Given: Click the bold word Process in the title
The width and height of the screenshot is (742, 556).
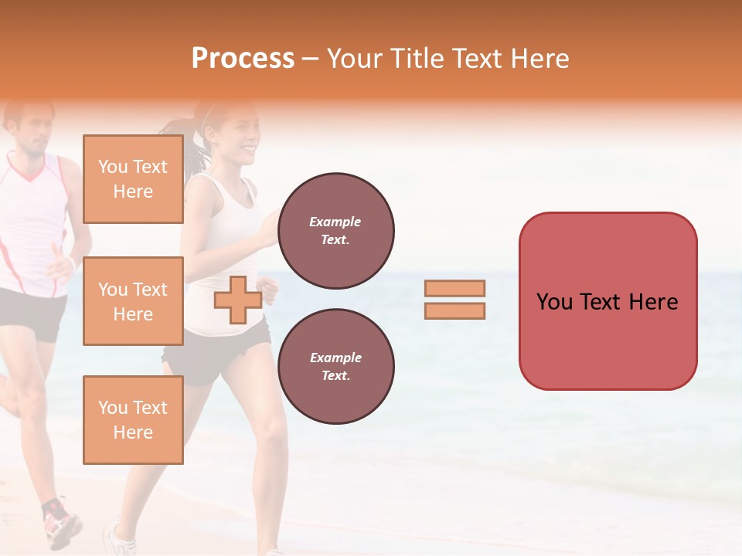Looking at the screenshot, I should click(243, 59).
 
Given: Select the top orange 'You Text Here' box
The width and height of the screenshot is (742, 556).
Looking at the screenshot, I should click(133, 179).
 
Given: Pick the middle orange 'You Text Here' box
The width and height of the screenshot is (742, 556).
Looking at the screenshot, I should click(133, 301).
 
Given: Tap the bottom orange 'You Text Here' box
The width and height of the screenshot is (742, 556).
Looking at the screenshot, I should click(133, 420).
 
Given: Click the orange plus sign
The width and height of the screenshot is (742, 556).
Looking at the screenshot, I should click(238, 300).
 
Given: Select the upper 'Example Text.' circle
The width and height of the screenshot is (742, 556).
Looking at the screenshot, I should click(335, 231).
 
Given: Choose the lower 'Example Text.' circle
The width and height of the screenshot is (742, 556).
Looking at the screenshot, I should click(335, 366).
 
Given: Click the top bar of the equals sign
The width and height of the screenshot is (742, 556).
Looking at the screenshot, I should click(454, 289).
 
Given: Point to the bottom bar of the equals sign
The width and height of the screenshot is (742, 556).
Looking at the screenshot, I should click(454, 310).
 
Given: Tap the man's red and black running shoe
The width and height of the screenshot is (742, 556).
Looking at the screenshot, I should click(60, 524).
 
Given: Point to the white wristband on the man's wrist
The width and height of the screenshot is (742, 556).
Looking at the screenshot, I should click(71, 264).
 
